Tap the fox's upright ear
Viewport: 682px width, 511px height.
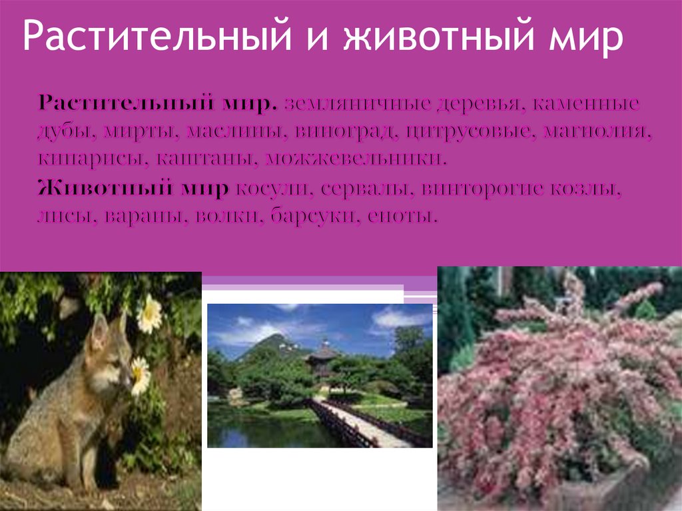(99, 330)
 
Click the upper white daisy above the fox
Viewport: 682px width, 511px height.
(149, 313)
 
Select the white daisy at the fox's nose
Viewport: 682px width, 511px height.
(140, 374)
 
